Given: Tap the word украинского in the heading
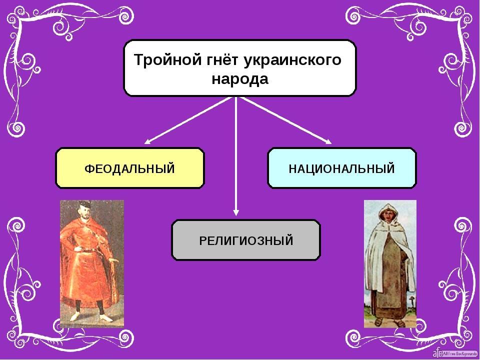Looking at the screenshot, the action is pos(292,60).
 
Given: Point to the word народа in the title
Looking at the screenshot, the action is pos(240,79).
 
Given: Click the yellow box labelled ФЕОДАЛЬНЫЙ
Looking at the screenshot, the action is pos(130,168).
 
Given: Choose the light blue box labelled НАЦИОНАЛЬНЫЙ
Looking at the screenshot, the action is pos(342,168).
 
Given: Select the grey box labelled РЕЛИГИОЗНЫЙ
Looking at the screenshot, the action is pos(246,240).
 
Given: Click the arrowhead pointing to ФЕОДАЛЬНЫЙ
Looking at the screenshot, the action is pos(147,141).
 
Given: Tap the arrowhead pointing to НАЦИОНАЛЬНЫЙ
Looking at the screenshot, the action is pos(328,141).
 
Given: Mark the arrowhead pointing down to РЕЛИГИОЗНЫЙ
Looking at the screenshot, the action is pos(235,212).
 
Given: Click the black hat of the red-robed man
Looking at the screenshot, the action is pos(84,204).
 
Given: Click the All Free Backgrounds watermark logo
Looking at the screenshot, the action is pos(455,353).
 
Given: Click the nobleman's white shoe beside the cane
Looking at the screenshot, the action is pos(105,318).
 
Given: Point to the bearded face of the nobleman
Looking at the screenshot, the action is pos(85,213).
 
